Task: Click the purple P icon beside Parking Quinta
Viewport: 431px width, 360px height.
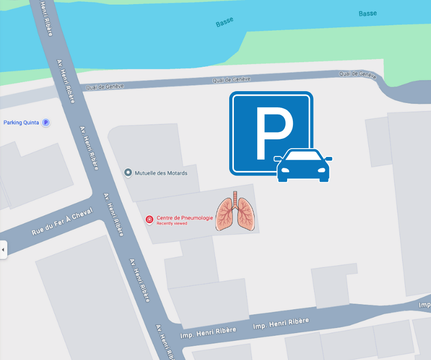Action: click(x=46, y=123)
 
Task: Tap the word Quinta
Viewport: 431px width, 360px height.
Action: click(x=31, y=123)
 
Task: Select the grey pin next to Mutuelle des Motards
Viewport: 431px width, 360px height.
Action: click(x=128, y=172)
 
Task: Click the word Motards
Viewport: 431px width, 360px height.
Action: click(x=177, y=173)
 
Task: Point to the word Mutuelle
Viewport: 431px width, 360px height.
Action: click(x=145, y=173)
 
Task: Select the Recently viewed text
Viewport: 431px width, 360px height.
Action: click(x=172, y=224)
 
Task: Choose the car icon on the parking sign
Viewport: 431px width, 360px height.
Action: click(x=304, y=165)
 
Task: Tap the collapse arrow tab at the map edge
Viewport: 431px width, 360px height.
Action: click(x=3, y=250)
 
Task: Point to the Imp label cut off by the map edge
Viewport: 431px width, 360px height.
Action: click(x=425, y=305)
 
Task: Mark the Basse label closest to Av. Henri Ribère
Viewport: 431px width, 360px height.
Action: click(x=225, y=22)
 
